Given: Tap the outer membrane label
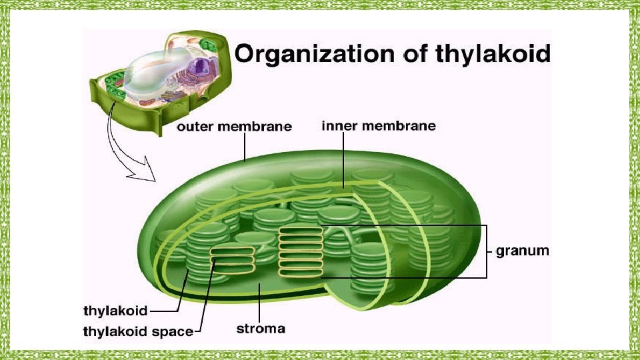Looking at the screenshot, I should tap(234, 126).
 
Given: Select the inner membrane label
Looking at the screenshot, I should tap(378, 125).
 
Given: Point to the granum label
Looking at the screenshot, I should tap(522, 251).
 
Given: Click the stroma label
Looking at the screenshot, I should tap(261, 329).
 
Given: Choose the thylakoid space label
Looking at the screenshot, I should tap(138, 331).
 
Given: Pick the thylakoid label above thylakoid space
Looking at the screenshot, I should tap(115, 310).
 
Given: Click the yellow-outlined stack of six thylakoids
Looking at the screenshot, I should tap(300, 251).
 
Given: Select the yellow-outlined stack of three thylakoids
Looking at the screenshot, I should tap(233, 261).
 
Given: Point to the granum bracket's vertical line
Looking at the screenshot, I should tap(487, 251).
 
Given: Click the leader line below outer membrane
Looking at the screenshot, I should tap(245, 146).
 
